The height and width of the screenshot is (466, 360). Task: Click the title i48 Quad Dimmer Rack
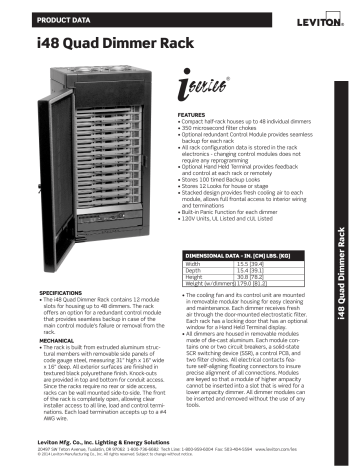coord(93,43)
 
